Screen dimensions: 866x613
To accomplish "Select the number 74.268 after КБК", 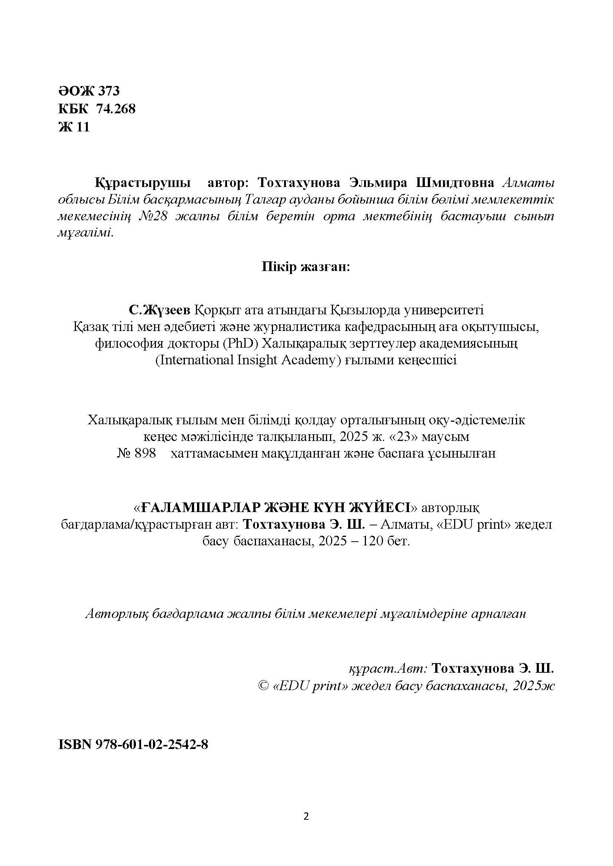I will pyautogui.click(x=116, y=109).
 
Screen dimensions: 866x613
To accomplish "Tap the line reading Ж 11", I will pyautogui.click(x=74, y=127).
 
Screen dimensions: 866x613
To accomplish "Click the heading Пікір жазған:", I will pyautogui.click(x=306, y=267).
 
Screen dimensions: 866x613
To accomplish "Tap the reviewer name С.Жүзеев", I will pyautogui.click(x=160, y=310).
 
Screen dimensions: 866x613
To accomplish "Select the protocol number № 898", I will pyautogui.click(x=137, y=453).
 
